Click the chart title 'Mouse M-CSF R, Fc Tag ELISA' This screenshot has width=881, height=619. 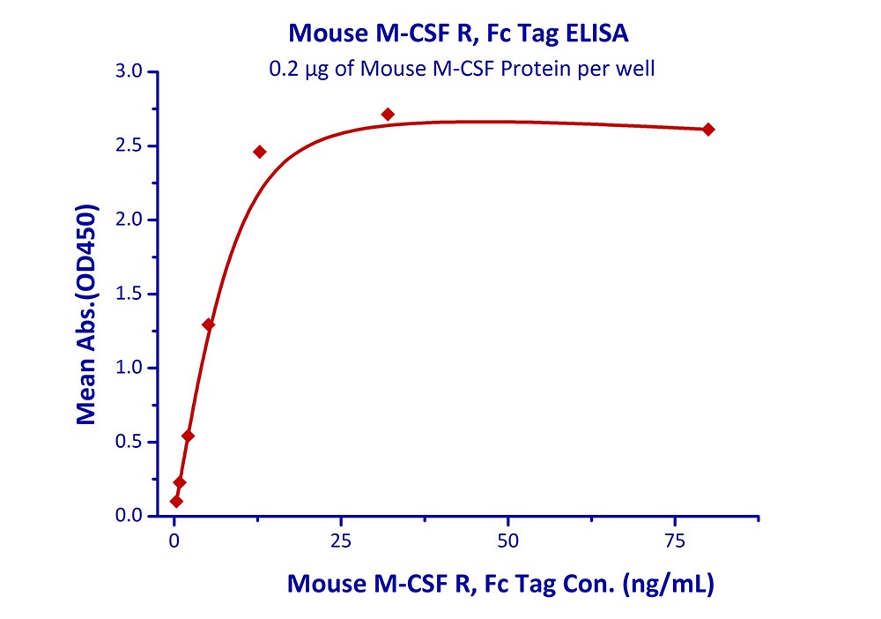coord(459,34)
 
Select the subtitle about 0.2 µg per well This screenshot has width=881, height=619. coord(462,69)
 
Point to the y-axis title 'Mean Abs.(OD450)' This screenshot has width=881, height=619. coord(86,316)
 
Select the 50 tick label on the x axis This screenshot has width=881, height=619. coord(507,540)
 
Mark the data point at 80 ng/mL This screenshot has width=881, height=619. coord(708,130)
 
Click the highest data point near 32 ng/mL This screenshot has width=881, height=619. coord(388,115)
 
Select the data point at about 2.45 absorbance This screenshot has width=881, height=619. coord(259,152)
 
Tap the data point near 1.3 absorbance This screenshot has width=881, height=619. coord(208,324)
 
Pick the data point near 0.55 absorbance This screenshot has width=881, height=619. coord(188,436)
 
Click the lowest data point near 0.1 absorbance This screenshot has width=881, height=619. coord(176,502)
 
